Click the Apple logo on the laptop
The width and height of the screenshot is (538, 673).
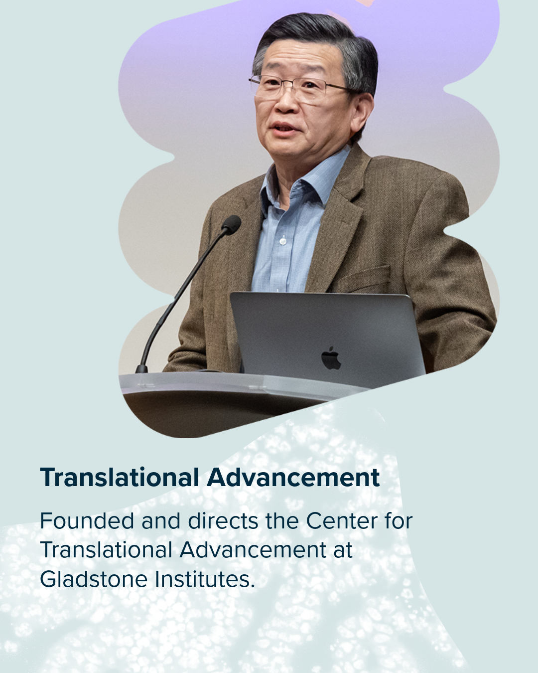point(331,358)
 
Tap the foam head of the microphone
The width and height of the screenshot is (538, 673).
point(231,224)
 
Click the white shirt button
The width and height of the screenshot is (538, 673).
point(283,241)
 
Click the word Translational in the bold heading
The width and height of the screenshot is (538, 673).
point(119,478)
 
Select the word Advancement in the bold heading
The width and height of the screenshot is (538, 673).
point(293,478)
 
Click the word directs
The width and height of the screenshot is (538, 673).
point(223,521)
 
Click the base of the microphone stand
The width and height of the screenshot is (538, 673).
point(141,369)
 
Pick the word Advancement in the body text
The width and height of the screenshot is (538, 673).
point(253,550)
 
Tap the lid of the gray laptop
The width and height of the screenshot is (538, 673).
point(328,339)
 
